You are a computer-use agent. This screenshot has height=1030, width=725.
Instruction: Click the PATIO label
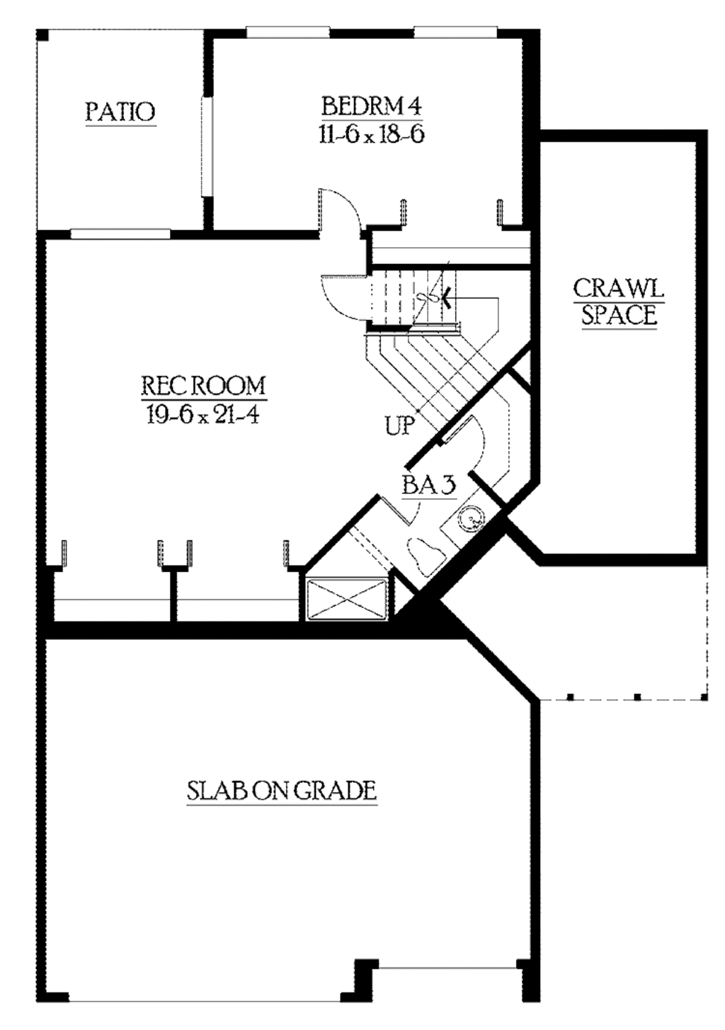tap(120, 112)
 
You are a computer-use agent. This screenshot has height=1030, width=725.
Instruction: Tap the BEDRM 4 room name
tap(371, 106)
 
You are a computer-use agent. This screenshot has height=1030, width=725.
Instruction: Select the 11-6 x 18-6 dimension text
tap(371, 135)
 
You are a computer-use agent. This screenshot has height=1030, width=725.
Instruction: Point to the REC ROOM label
tap(203, 386)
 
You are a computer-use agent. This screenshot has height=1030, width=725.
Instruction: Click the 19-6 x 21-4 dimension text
tap(203, 414)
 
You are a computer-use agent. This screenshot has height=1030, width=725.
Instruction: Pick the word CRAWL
tap(618, 288)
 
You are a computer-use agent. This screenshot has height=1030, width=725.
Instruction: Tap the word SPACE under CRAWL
tap(619, 315)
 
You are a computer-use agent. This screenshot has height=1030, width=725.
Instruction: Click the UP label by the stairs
tap(399, 425)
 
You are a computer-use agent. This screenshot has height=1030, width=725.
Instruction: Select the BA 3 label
tap(428, 485)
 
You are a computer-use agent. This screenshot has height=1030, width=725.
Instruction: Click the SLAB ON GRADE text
tap(281, 790)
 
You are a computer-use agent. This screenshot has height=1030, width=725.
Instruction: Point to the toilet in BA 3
tap(424, 551)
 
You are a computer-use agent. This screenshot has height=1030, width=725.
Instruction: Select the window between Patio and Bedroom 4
tap(207, 145)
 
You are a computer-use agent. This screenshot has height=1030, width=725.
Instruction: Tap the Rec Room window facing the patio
tap(120, 233)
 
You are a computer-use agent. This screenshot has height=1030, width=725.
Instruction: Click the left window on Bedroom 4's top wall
tap(287, 32)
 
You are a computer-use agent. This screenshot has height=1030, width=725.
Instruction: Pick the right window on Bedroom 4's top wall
tap(456, 32)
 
